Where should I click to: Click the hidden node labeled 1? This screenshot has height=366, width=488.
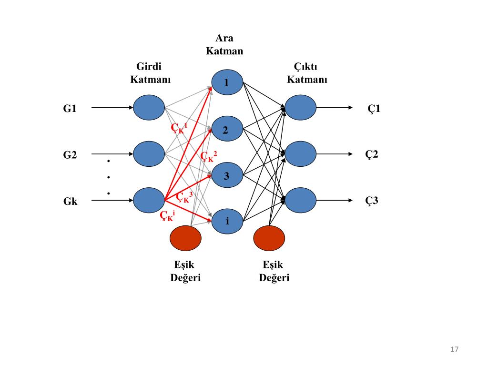[x=227, y=82]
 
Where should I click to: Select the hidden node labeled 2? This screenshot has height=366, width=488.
[x=227, y=129]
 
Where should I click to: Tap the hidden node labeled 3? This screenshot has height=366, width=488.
[x=227, y=175]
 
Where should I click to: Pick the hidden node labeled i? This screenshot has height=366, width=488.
[x=227, y=221]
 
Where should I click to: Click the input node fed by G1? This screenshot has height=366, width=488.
[x=149, y=107]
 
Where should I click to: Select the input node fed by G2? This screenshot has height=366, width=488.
[x=149, y=154]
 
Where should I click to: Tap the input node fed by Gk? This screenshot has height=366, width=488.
[x=149, y=200]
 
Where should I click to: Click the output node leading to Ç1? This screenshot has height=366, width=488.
[x=300, y=107]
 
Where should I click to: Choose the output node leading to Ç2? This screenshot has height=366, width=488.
[x=300, y=154]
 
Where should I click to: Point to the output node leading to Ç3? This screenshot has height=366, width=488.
[x=300, y=200]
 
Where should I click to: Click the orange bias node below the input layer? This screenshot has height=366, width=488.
[x=185, y=238]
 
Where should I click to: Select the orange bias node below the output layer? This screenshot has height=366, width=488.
[x=269, y=238]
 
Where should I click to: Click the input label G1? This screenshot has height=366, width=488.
[x=70, y=108]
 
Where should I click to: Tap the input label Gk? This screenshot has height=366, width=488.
[x=71, y=202]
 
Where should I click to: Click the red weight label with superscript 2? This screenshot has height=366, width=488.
[x=209, y=156]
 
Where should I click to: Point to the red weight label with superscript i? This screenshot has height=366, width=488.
[x=167, y=215]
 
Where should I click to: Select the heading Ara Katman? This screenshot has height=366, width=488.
[x=224, y=44]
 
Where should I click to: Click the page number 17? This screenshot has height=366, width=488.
[x=454, y=349]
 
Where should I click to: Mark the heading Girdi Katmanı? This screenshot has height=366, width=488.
[x=150, y=73]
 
